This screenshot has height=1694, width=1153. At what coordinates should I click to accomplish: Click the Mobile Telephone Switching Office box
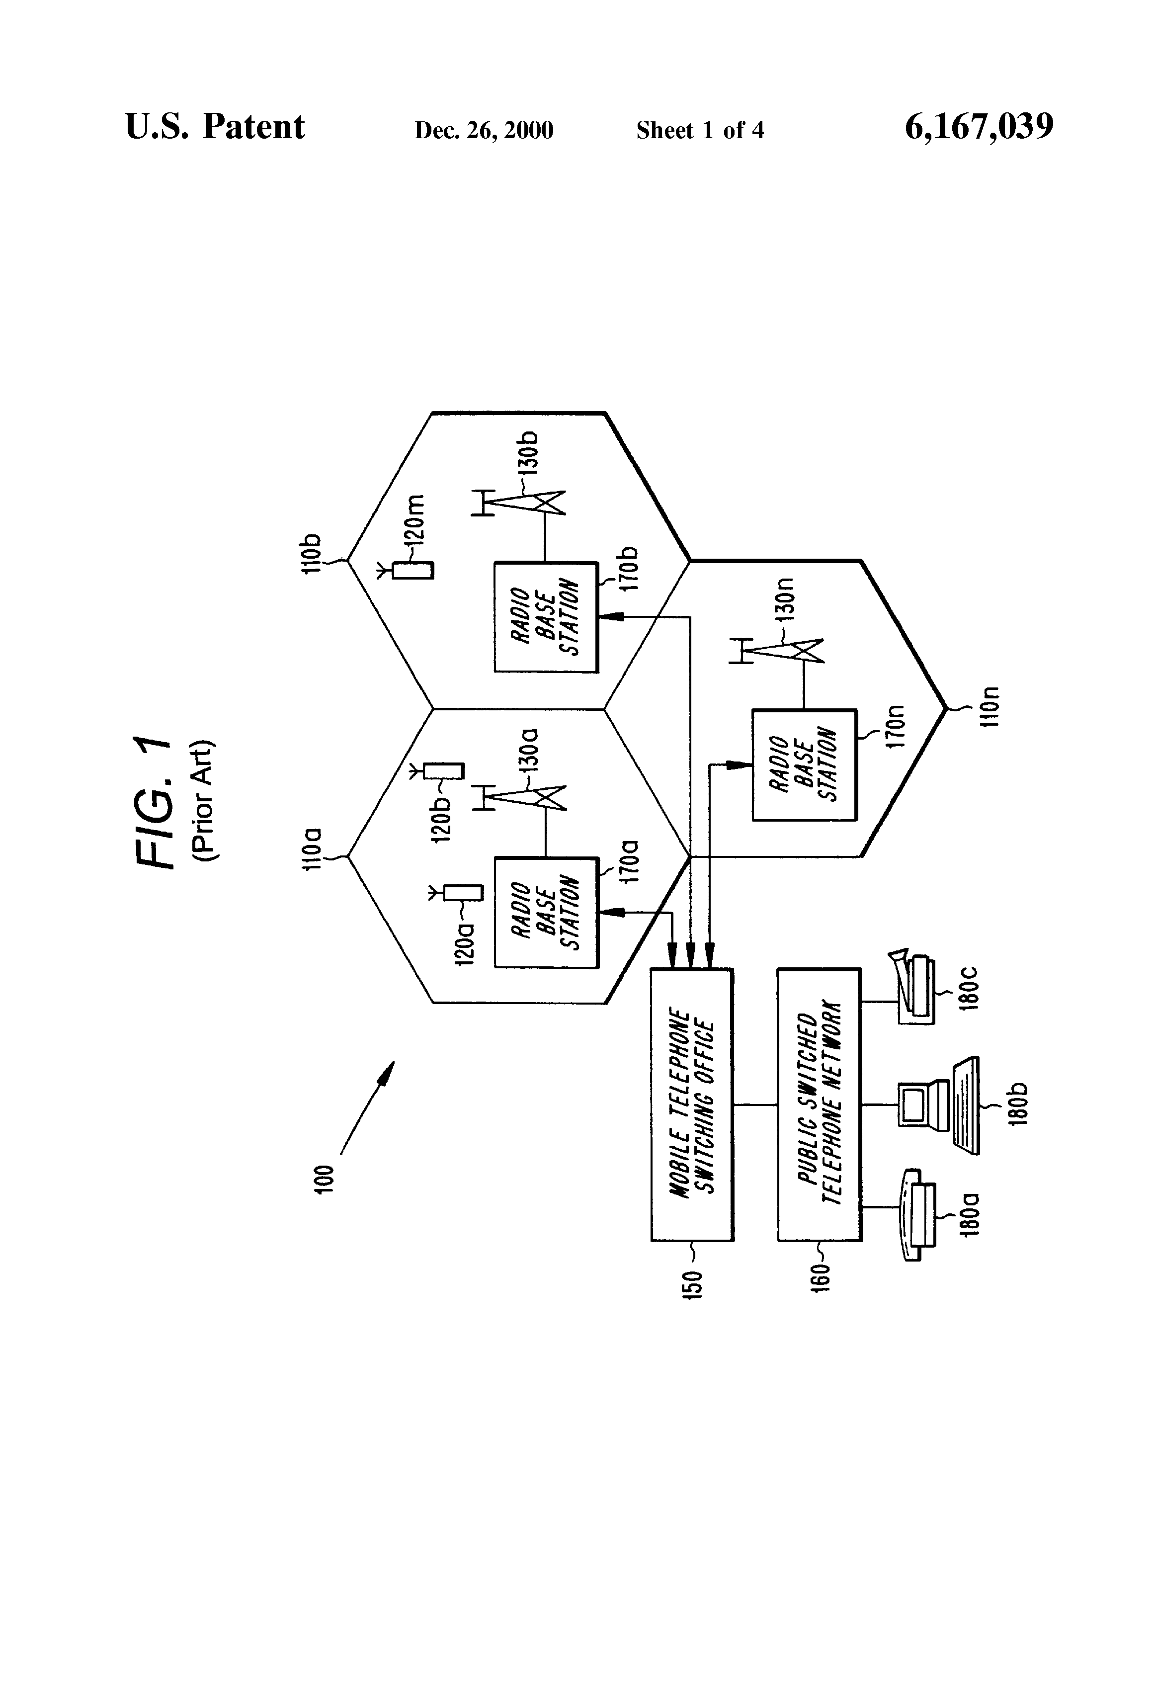tap(692, 1104)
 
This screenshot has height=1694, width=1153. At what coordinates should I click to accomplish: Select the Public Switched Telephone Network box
tap(819, 1104)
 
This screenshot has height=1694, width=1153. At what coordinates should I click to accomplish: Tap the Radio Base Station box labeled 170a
tap(546, 913)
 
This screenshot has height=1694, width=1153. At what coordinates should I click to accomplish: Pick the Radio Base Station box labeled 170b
tap(546, 617)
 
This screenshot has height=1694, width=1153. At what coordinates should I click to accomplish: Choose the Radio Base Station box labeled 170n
tap(804, 764)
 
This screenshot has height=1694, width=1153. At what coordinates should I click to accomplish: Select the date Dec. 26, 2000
tap(484, 130)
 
